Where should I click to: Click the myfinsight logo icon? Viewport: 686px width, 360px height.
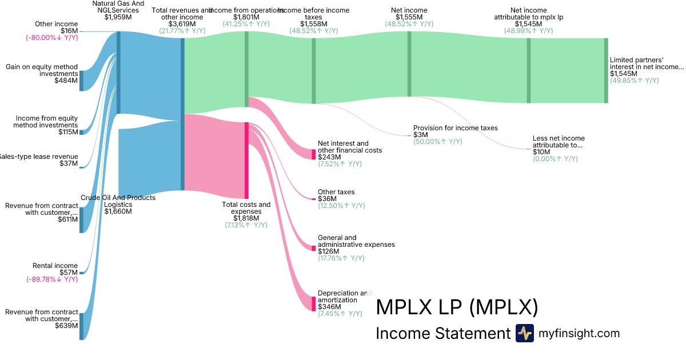tap(525, 333)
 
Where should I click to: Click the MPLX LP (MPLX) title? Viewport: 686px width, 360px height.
tap(457, 307)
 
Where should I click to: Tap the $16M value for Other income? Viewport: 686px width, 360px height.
tap(69, 31)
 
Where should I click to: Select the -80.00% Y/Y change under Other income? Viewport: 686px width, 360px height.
tap(51, 38)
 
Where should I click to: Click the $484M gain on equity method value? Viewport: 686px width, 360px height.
tap(66, 81)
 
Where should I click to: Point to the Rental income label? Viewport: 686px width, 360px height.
tap(55, 266)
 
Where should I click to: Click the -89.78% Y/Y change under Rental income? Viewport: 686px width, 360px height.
tap(51, 279)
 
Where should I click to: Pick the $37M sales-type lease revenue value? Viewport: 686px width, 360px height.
tap(69, 163)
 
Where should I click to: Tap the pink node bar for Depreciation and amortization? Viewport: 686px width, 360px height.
tap(314, 303)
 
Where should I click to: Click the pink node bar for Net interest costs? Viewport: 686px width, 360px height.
tap(314, 154)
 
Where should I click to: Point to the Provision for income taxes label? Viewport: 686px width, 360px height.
tap(455, 128)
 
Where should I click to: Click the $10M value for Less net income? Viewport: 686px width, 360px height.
tap(541, 152)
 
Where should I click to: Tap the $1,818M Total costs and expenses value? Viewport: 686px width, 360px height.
tap(246, 218)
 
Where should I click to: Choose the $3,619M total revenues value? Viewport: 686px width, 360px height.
tap(182, 24)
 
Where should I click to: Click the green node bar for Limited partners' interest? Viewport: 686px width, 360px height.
tap(606, 70)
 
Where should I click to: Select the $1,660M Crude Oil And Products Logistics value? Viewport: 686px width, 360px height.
tap(118, 211)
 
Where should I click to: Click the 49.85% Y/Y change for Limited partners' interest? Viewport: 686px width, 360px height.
tap(634, 81)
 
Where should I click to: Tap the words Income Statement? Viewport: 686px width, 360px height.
tap(442, 334)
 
